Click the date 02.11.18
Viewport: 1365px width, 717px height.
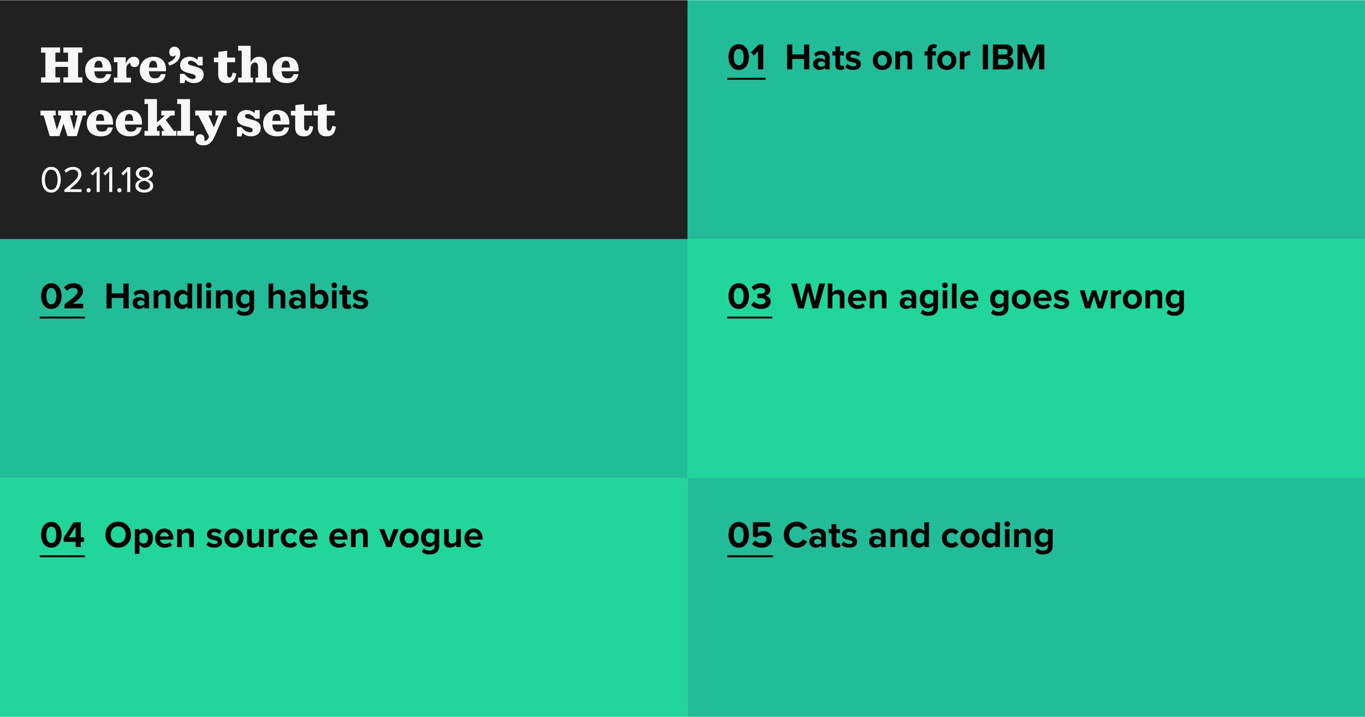(97, 180)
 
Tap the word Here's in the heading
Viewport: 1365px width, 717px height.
(122, 66)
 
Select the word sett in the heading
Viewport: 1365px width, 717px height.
(286, 120)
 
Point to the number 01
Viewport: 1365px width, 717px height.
(746, 58)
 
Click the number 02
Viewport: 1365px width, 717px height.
(62, 297)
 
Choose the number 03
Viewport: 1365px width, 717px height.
(750, 297)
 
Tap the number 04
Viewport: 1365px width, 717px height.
(62, 535)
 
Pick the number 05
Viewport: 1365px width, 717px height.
(750, 535)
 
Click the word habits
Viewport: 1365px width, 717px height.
(318, 297)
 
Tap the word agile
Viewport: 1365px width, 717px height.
(937, 298)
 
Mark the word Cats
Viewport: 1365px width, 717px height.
(821, 535)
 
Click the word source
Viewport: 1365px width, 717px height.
(262, 536)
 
